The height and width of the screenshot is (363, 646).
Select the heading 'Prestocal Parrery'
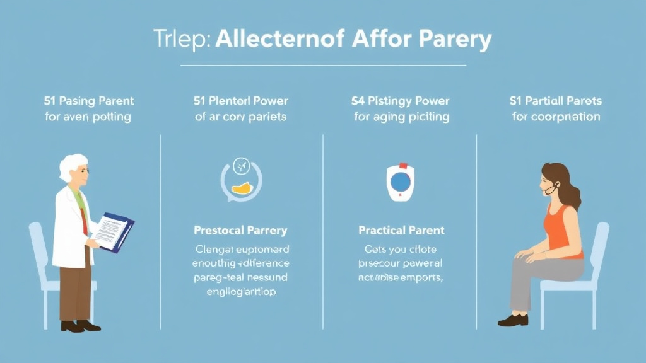240,230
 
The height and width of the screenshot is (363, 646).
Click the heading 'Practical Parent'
401,230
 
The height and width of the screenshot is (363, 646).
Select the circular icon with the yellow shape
240,179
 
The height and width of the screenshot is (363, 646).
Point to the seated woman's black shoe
512,320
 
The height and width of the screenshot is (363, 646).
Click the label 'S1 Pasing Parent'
89,101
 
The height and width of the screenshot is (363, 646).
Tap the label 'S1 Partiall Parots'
555,101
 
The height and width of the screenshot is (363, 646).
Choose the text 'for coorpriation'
555,117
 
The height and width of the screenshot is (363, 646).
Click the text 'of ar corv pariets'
240,117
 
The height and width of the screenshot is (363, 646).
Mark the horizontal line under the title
323,65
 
